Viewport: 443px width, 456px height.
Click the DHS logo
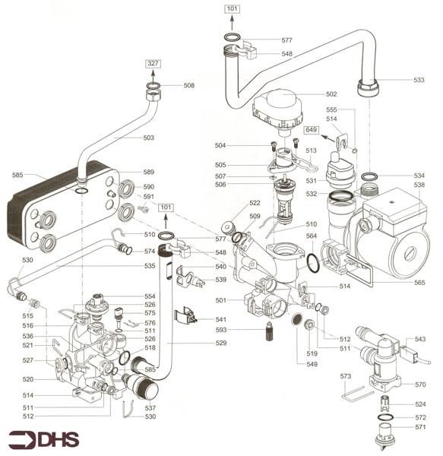point(44,439)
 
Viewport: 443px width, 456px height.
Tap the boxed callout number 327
point(153,64)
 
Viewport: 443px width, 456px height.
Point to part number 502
point(331,94)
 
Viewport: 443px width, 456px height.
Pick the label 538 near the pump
point(419,184)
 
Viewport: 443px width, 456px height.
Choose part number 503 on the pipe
point(149,138)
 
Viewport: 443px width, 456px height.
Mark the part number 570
point(419,384)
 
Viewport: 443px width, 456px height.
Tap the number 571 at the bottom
point(419,427)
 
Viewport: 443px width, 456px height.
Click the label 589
point(149,173)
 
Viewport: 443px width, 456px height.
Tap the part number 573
point(345,376)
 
